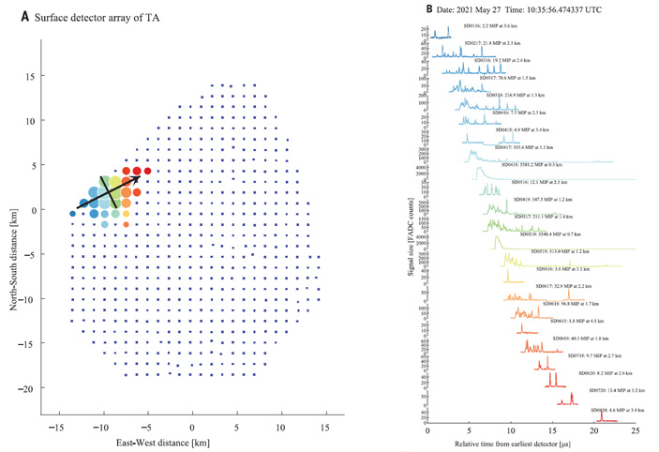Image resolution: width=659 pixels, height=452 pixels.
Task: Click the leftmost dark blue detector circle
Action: pyautogui.click(x=72, y=215)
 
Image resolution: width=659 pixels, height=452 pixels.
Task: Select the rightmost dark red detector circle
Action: pyautogui.click(x=147, y=171)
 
